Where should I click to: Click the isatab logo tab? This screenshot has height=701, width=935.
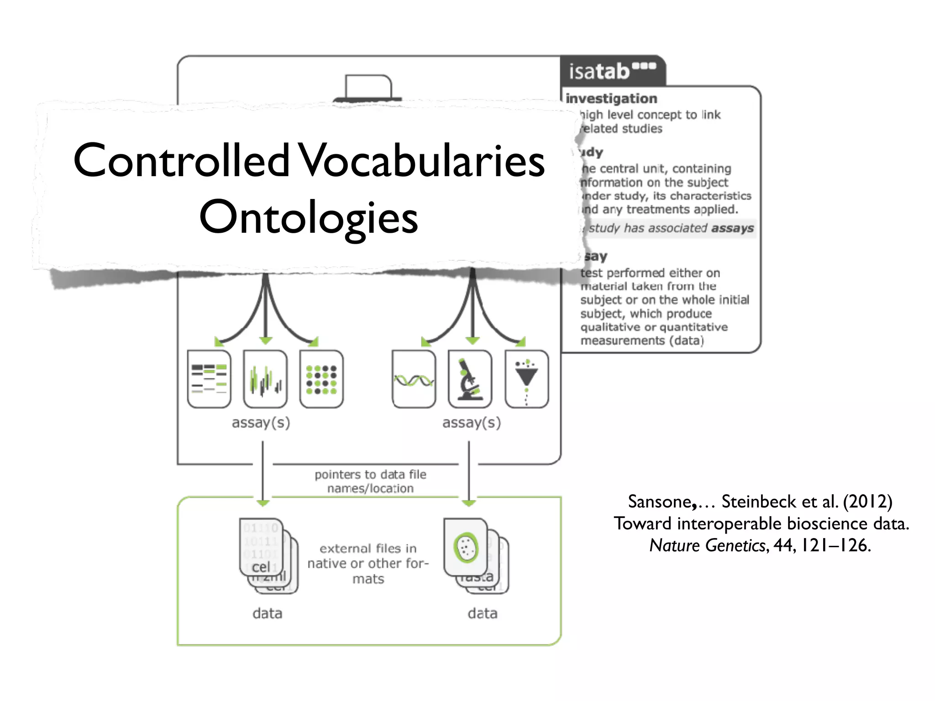click(612, 71)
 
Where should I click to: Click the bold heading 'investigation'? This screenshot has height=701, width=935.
click(611, 99)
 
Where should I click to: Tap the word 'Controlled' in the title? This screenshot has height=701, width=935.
click(181, 160)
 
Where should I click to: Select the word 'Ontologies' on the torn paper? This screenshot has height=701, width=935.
click(309, 217)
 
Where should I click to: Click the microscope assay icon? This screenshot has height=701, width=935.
click(470, 379)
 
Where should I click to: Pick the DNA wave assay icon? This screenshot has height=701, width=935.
click(414, 379)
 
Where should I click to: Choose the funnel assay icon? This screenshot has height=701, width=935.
click(526, 379)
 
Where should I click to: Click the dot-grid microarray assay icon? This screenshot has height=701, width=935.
click(321, 379)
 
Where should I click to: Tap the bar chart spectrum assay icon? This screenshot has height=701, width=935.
click(265, 379)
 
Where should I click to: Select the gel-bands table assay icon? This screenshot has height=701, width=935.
click(209, 379)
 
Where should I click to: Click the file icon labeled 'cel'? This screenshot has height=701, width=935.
click(261, 547)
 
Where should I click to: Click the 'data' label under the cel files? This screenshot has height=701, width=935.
click(268, 613)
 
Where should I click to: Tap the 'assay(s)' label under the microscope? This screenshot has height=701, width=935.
click(471, 423)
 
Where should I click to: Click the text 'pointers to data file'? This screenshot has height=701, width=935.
click(370, 475)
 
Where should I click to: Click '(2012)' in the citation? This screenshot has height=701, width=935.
click(867, 502)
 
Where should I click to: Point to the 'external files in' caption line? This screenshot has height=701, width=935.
click(368, 548)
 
